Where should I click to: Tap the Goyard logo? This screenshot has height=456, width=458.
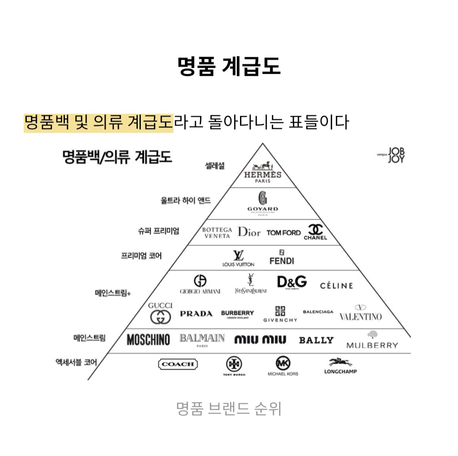point(263,203)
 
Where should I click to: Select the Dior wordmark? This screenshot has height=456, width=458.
point(249,232)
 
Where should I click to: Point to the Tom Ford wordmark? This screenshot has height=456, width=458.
point(283,232)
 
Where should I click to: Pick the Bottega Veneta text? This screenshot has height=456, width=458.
point(217,232)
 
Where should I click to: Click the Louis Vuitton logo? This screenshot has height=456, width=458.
point(238,258)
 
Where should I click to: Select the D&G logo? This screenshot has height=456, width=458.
point(292,282)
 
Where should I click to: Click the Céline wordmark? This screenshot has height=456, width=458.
point(336,285)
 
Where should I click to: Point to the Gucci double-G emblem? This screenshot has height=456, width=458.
point(161,316)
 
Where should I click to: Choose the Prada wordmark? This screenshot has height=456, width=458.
point(196,314)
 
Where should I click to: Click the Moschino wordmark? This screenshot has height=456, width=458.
point(148,340)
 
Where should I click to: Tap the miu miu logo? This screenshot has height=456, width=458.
point(260,340)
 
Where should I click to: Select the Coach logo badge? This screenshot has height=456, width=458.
point(178,364)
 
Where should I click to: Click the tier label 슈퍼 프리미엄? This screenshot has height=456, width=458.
point(158,231)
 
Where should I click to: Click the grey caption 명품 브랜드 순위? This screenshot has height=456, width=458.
point(229,409)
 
